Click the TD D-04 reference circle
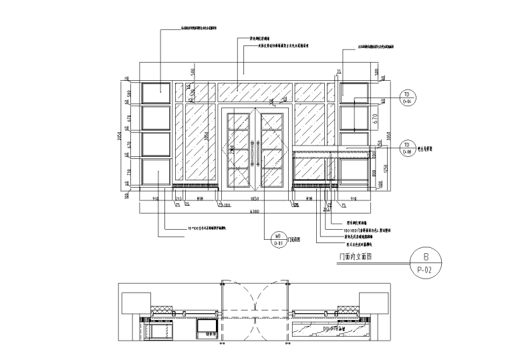[406, 98]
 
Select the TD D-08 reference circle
[406, 148]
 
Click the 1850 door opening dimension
[255, 199]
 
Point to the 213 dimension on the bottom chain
[178, 199]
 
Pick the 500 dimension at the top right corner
[378, 72]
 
